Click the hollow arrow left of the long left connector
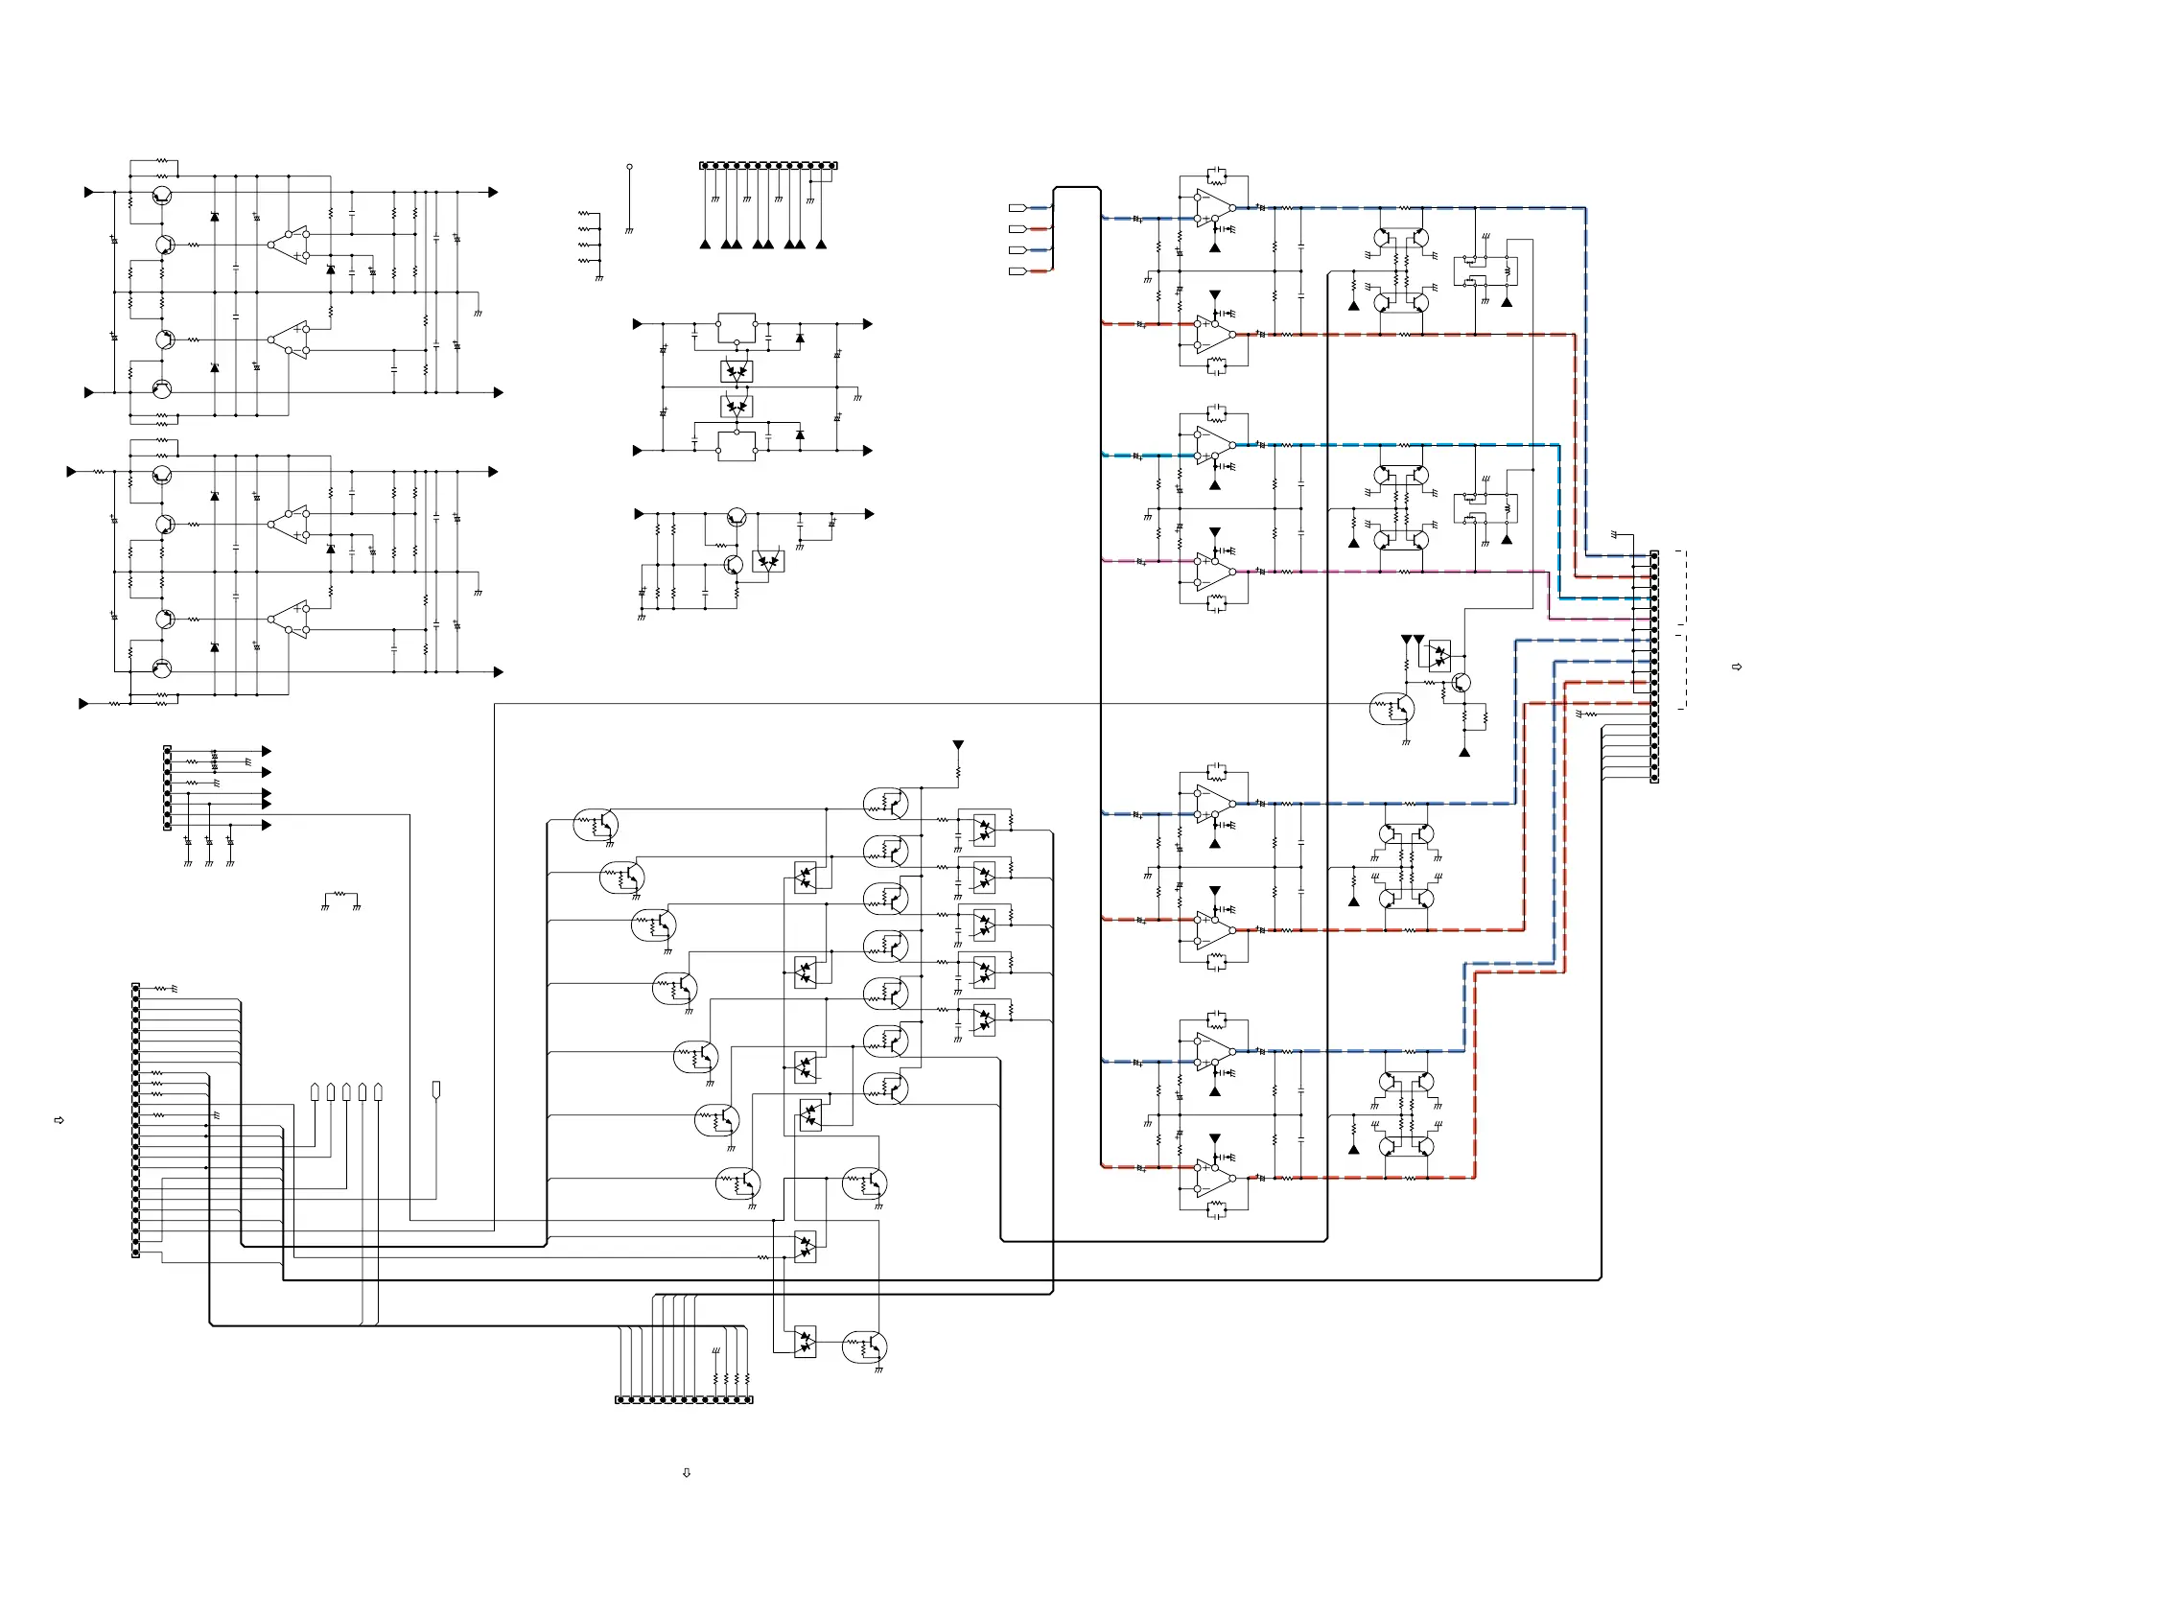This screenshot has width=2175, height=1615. tap(58, 1120)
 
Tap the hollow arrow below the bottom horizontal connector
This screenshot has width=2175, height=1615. tap(687, 1472)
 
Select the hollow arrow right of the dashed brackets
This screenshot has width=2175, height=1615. tap(1736, 667)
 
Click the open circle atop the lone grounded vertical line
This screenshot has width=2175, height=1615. tap(629, 167)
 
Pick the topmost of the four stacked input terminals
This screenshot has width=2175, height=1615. tap(1017, 207)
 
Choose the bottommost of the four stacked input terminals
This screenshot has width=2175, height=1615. tap(1017, 270)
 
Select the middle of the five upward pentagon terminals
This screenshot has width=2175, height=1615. tap(346, 1091)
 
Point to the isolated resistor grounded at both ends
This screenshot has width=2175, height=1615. tap(340, 895)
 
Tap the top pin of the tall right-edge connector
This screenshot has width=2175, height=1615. tap(1654, 555)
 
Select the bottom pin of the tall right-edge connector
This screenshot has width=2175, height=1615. tap(1654, 778)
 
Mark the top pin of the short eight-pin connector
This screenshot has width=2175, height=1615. tap(167, 751)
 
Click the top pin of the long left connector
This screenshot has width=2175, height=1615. tap(136, 989)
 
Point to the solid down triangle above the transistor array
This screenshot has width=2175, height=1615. tap(958, 745)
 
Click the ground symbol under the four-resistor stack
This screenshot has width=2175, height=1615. tap(598, 279)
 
